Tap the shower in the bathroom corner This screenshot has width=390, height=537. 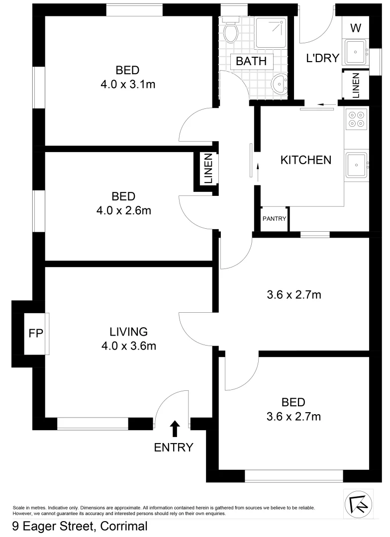(x=272, y=33)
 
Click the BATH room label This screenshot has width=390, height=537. (x=251, y=62)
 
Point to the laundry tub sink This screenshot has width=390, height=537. (x=356, y=52)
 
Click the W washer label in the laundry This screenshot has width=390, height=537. (x=355, y=28)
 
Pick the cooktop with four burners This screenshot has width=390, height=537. (x=356, y=119)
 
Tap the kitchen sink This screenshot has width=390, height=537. (x=356, y=164)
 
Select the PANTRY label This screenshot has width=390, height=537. (x=274, y=218)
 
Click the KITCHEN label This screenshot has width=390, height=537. (x=306, y=160)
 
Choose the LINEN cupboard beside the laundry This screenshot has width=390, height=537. (x=355, y=86)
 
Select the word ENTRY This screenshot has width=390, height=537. (x=173, y=447)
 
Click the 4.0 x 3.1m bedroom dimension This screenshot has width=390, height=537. (x=128, y=85)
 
